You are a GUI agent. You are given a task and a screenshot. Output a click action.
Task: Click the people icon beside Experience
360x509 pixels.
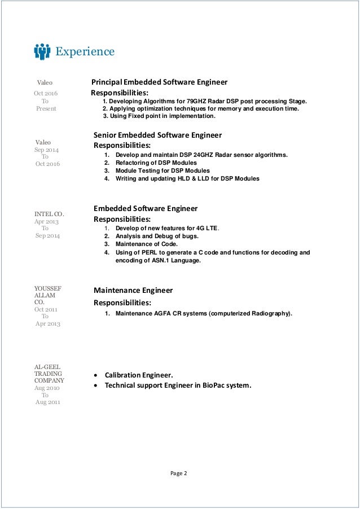[42, 52]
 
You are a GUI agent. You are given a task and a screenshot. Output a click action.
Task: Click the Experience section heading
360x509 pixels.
[85, 52]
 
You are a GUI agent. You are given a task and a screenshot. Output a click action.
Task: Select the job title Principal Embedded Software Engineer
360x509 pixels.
[160, 82]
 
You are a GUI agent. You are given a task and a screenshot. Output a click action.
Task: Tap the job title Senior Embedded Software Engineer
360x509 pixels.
[157, 135]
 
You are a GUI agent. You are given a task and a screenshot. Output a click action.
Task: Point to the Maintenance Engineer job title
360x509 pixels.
[133, 291]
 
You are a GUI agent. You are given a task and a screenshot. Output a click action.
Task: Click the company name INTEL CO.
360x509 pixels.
[50, 214]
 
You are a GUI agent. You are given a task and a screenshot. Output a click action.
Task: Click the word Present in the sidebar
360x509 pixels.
[46, 108]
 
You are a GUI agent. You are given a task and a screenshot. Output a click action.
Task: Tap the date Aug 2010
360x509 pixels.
[47, 388]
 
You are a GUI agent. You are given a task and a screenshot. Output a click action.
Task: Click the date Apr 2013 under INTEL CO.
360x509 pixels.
[47, 222]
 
